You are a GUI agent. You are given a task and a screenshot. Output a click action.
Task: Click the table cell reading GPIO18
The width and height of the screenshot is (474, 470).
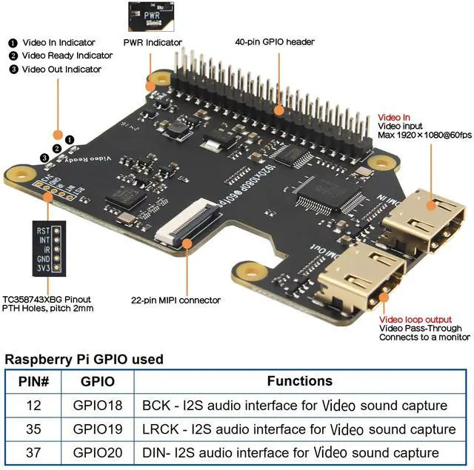(93, 406)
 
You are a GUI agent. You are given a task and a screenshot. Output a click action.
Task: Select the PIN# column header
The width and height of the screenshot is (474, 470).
(34, 382)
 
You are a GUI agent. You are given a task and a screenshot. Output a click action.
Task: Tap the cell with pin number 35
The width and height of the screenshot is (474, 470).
(34, 429)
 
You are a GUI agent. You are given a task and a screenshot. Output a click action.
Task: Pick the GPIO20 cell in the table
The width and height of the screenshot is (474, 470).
(93, 452)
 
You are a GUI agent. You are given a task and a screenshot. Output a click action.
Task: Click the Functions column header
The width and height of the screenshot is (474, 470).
(300, 381)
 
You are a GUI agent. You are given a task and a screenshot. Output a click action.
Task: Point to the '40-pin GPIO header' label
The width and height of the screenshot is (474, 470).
(275, 42)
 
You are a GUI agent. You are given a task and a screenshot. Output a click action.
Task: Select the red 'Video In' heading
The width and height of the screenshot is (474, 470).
(394, 117)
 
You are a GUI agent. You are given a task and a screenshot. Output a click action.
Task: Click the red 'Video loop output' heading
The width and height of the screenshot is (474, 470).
(415, 320)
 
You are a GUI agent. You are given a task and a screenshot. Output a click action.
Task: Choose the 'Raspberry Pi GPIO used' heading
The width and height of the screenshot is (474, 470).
(84, 360)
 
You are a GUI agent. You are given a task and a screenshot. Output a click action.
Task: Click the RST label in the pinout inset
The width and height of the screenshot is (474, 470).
(44, 230)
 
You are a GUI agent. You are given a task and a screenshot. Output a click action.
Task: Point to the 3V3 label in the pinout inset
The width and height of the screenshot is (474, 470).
(44, 269)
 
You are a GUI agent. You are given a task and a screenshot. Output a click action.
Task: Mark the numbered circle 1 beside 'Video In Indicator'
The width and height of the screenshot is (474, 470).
(13, 43)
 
